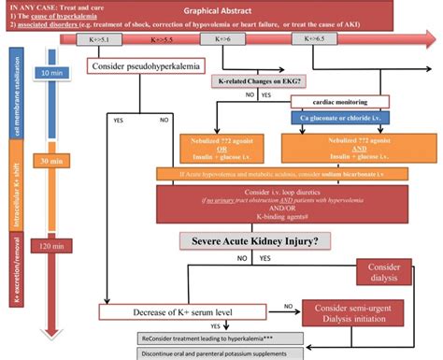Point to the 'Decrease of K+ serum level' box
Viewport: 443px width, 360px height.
coord(174,311)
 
